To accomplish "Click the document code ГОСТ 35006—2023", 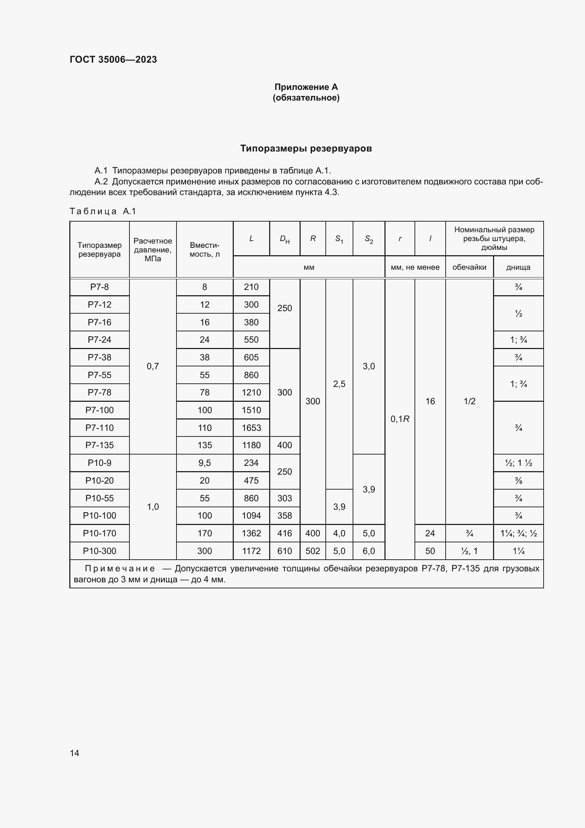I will point(113,59).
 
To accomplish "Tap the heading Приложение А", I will point(306,87).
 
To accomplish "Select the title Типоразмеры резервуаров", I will point(306,148).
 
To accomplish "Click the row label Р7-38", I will point(99,357).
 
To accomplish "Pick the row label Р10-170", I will point(99,533).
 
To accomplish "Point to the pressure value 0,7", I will point(153,366).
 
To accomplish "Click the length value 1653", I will point(251,428).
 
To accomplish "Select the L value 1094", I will point(251,515).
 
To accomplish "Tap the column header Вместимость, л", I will point(204,250).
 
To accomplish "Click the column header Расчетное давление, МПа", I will point(153,250).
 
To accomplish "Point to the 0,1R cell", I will point(400,419).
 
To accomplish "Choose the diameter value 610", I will point(285,551).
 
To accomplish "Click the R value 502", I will point(313,551).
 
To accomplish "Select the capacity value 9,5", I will point(204,463).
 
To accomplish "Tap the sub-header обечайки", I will point(469,267).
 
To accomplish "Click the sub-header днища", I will point(518,267).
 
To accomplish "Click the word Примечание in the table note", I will point(120,569).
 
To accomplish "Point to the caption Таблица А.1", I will point(103,211).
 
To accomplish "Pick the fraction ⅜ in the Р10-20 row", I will point(519,480).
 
